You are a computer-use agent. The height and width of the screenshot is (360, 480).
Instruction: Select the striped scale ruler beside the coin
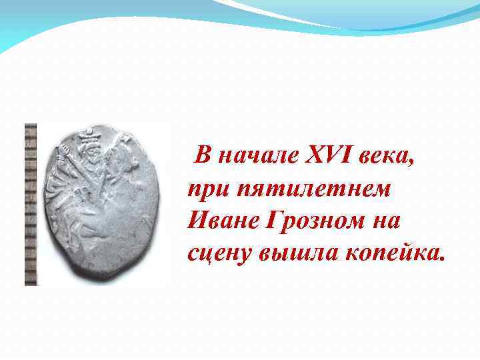(x=31, y=204)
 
